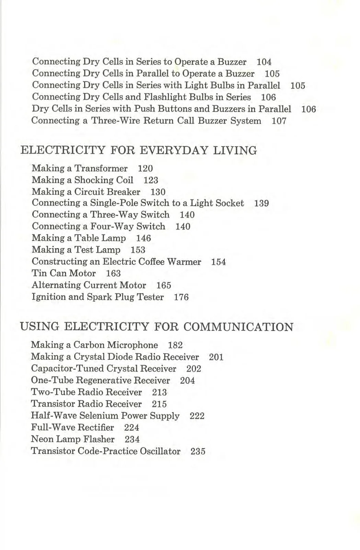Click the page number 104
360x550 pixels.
coord(264,62)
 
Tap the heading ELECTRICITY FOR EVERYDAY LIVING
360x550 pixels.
coord(139,151)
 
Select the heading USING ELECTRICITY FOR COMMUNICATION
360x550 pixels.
coord(156,327)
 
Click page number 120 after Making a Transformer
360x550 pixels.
coord(145,169)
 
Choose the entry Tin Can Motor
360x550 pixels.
coord(63,274)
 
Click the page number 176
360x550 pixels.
coord(181,297)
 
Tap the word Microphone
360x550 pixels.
coord(132,345)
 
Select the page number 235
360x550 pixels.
coord(198,451)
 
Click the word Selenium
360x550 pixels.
coord(99,416)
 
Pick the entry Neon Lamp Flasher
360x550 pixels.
coord(73,439)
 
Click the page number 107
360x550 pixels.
coord(279,121)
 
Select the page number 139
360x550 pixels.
coord(261,204)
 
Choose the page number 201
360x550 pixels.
coord(216,357)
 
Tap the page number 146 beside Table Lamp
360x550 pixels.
coord(143,239)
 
